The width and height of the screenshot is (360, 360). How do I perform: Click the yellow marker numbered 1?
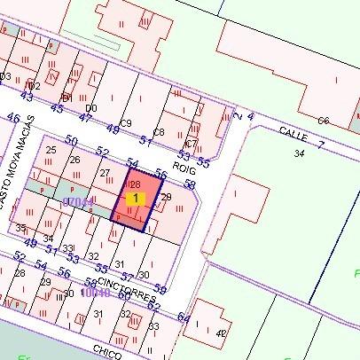tap(135, 199)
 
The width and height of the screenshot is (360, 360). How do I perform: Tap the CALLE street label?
tap(292, 131)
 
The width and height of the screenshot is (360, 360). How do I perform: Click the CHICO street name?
tap(106, 352)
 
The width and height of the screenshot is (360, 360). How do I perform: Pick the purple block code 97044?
tap(77, 202)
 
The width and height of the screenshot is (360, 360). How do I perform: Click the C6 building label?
tap(324, 121)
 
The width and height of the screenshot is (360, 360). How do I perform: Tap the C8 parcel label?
tap(159, 132)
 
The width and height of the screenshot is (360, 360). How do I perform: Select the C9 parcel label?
tap(126, 122)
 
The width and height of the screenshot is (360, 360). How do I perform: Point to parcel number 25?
tap(51, 150)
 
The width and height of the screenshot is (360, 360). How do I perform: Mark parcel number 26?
tap(74, 160)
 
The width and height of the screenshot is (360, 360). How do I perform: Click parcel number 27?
tap(105, 172)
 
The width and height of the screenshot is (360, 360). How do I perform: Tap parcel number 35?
tap(20, 228)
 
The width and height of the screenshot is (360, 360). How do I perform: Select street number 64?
tap(184, 317)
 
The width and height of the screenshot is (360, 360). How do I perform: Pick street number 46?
tap(12, 117)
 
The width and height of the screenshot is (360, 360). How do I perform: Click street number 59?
tap(160, 288)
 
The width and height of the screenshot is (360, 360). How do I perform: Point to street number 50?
tap(72, 141)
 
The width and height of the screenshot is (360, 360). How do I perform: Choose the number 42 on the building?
tap(220, 333)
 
